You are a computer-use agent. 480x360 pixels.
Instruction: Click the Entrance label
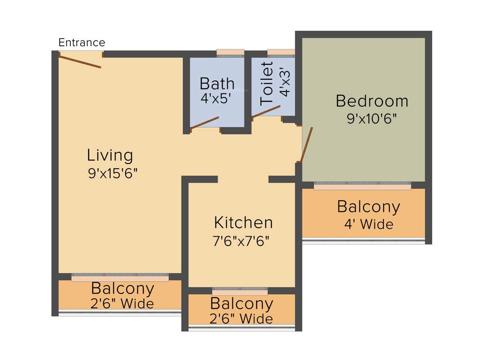[82, 43]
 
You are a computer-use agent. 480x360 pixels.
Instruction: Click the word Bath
[217, 83]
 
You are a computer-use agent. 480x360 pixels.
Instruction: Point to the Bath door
[204, 122]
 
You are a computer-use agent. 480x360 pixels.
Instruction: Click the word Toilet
[267, 83]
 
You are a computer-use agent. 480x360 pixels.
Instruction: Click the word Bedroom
[372, 101]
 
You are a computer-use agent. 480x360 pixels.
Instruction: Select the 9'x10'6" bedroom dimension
[372, 119]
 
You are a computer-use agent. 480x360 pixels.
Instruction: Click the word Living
[110, 155]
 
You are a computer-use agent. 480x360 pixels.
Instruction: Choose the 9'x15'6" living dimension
[112, 173]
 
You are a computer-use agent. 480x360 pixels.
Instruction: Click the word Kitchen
[243, 222]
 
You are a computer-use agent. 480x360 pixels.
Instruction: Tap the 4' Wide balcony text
[368, 224]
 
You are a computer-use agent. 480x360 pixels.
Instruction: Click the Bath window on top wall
[230, 52]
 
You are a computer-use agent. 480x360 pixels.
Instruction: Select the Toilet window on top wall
[281, 52]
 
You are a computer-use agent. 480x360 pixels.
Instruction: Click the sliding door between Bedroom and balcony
[362, 186]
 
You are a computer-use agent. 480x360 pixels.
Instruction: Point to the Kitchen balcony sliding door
[240, 291]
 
